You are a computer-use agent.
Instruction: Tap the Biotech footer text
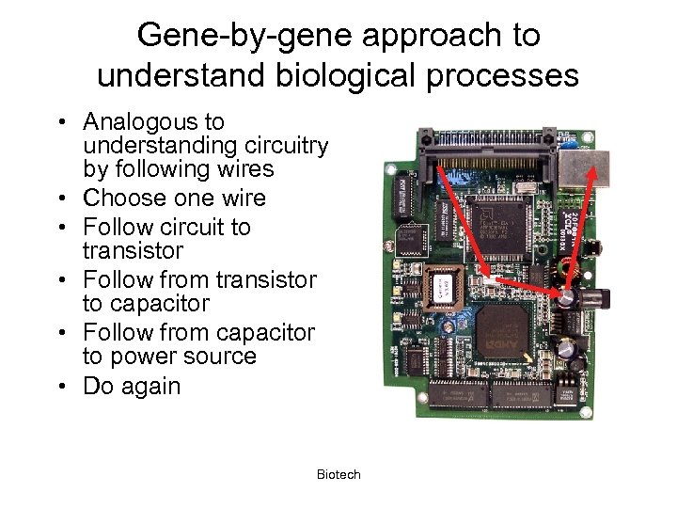pos(338,475)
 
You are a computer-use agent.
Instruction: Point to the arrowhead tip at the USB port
pos(594,168)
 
